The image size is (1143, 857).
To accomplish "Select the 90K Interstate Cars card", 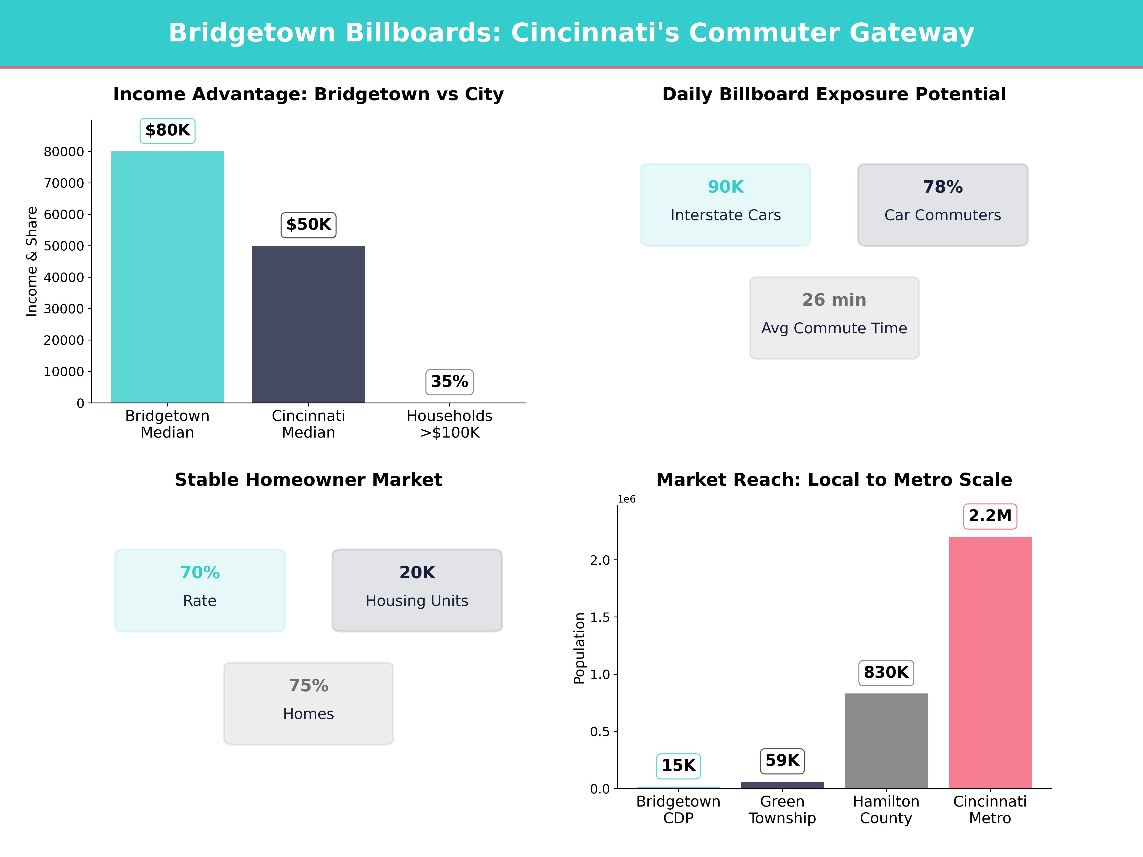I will tap(726, 204).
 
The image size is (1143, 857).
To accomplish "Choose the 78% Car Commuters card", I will tap(942, 204).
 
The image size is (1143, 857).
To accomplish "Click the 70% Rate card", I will tap(200, 590).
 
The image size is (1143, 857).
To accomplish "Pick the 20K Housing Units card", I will tap(417, 590).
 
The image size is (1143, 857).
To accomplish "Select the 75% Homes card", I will tap(308, 703).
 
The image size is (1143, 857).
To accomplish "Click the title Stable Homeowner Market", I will tap(308, 480).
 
